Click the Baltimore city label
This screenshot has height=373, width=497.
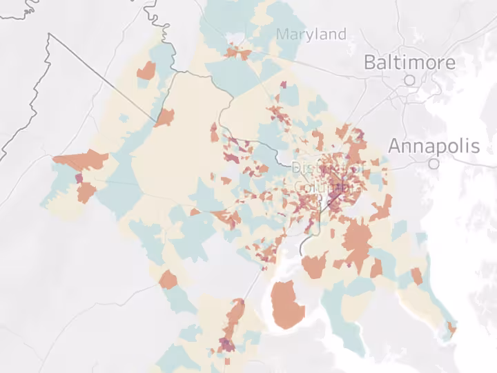click(x=409, y=62)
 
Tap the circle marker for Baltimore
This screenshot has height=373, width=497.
click(x=409, y=80)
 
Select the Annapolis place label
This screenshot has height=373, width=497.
click(x=433, y=146)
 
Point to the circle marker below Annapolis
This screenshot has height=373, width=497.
click(x=433, y=164)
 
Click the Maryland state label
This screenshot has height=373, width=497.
click(x=311, y=34)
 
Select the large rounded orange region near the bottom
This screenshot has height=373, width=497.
click(x=287, y=305)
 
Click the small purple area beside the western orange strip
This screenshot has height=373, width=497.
click(x=78, y=178)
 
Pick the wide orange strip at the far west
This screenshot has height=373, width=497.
click(x=81, y=160)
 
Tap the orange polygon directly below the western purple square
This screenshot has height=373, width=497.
click(x=86, y=192)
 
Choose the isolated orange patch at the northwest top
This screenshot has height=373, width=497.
click(x=146, y=70)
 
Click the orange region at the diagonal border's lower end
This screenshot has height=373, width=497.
click(x=164, y=117)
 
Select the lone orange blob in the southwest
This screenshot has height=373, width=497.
click(x=168, y=280)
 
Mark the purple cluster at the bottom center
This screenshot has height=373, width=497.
click(x=226, y=345)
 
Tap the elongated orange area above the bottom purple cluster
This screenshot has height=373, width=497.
click(x=234, y=316)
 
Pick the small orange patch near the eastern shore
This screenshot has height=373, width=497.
click(x=417, y=276)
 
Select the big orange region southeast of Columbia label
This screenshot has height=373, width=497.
click(x=357, y=243)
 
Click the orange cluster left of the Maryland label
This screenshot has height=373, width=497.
click(x=239, y=52)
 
